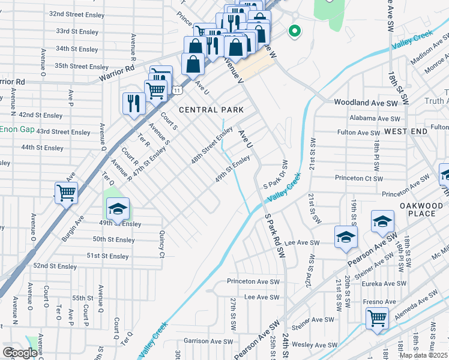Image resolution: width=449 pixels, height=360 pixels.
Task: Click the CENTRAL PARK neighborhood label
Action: coord(211,110)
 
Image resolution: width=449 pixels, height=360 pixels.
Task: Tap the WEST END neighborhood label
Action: coord(406,131)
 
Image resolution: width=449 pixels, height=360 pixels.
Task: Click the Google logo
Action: coord(20,353)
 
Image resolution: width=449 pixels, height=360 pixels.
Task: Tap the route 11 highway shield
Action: coord(176,90)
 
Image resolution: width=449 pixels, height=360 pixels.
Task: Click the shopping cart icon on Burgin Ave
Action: coord(66,193)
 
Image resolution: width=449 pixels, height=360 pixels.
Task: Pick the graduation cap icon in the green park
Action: coord(118,208)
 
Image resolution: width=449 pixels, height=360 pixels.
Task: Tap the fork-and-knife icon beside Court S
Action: coord(133,103)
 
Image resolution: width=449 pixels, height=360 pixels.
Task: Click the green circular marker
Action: coord(294,31)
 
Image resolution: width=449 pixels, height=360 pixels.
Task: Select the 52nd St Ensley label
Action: coord(55,266)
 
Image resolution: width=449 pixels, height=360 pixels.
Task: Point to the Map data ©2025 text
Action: coord(423,355)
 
